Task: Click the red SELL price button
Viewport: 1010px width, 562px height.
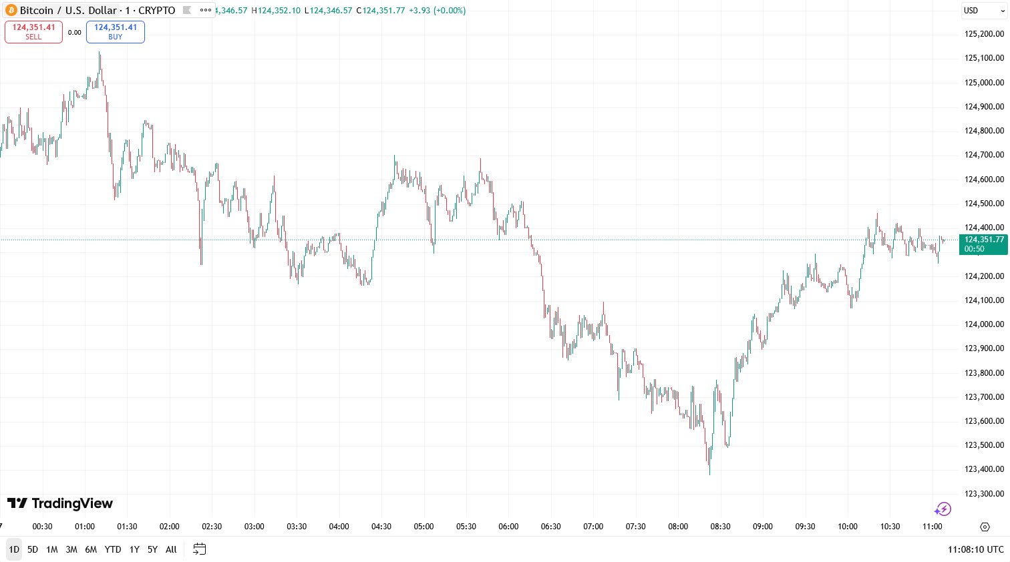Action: pos(33,31)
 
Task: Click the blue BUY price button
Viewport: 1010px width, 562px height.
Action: pos(115,31)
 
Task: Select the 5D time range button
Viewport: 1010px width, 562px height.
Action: pos(33,549)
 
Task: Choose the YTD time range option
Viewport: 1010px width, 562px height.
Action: pos(113,549)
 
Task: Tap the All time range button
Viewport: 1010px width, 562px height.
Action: pos(171,549)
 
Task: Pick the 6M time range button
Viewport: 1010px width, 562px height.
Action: pos(91,549)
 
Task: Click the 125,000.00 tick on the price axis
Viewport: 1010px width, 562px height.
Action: pos(984,83)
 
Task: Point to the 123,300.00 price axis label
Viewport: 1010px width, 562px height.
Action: pos(984,494)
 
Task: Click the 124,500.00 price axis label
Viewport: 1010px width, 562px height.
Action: pos(984,204)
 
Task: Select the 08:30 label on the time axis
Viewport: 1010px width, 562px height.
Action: pos(720,527)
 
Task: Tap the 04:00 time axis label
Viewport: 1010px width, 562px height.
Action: pos(339,527)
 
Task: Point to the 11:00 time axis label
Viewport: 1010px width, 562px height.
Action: pos(932,527)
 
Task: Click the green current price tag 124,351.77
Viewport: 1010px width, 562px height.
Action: pos(983,244)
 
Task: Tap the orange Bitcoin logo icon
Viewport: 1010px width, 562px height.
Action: pos(11,11)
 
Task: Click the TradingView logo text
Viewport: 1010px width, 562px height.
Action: pos(60,503)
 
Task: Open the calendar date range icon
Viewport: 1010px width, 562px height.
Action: pos(199,549)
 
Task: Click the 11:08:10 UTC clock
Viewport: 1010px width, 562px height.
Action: pos(975,549)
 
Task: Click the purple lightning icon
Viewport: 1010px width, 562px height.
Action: pos(943,509)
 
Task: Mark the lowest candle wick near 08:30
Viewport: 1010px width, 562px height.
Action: pos(709,473)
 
